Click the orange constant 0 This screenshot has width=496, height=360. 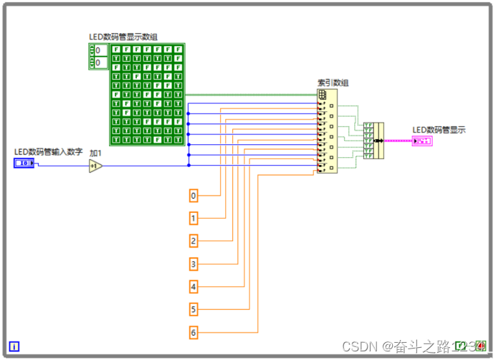pyautogui.click(x=194, y=195)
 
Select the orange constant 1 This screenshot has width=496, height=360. pyautogui.click(x=194, y=218)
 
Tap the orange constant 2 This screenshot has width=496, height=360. pyautogui.click(x=194, y=241)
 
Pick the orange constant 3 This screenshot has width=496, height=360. pyautogui.click(x=194, y=264)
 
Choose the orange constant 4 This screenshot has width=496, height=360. pyautogui.click(x=194, y=287)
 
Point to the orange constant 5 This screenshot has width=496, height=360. pyautogui.click(x=194, y=310)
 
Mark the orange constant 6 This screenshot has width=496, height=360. pyautogui.click(x=194, y=333)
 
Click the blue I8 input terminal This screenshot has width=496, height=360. pyautogui.click(x=24, y=164)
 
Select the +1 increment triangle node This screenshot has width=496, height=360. pyautogui.click(x=95, y=166)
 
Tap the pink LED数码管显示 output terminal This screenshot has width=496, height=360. pyautogui.click(x=422, y=141)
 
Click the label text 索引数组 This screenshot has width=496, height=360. pyautogui.click(x=333, y=83)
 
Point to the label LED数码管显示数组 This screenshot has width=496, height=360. pyautogui.click(x=123, y=37)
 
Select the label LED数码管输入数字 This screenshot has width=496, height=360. pyautogui.click(x=49, y=151)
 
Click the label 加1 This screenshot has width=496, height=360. pyautogui.click(x=96, y=153)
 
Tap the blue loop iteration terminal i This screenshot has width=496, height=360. pyautogui.click(x=14, y=347)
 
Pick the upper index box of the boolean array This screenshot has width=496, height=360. pyautogui.click(x=100, y=50)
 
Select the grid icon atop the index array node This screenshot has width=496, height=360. pyautogui.click(x=323, y=94)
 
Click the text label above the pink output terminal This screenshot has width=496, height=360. pyautogui.click(x=439, y=130)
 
